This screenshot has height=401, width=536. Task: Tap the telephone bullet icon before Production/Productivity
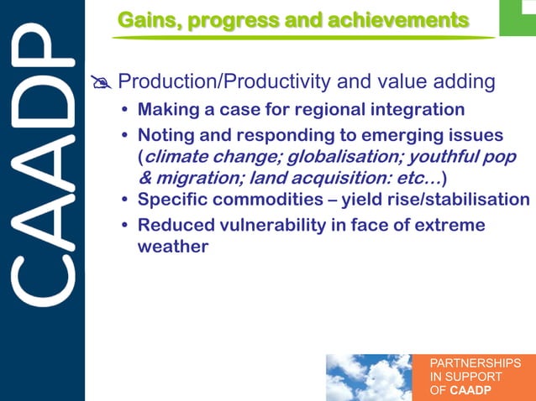tap(101, 83)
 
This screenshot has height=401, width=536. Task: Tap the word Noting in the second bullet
tap(164, 135)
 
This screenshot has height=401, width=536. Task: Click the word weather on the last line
tap(172, 247)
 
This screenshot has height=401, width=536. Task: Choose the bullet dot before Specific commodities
tap(125, 200)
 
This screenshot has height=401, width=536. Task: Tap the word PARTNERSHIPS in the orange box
tap(474, 363)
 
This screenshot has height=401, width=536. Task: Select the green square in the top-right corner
tap(518, 17)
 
